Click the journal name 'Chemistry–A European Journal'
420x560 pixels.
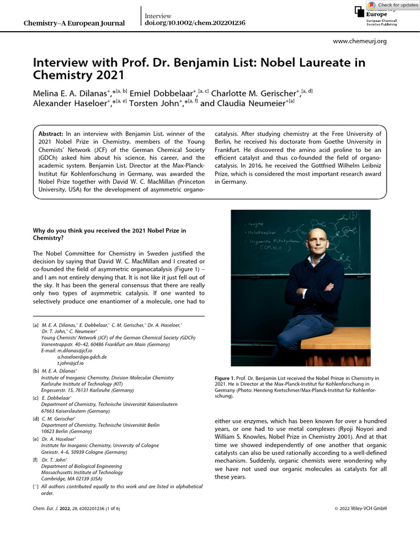[x=75, y=23]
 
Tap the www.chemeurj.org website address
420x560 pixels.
[x=360, y=41]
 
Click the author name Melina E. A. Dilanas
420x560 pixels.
[x=71, y=93]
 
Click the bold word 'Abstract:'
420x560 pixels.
[x=51, y=134]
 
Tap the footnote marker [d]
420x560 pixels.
[x=36, y=418]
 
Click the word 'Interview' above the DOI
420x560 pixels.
[x=158, y=16]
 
